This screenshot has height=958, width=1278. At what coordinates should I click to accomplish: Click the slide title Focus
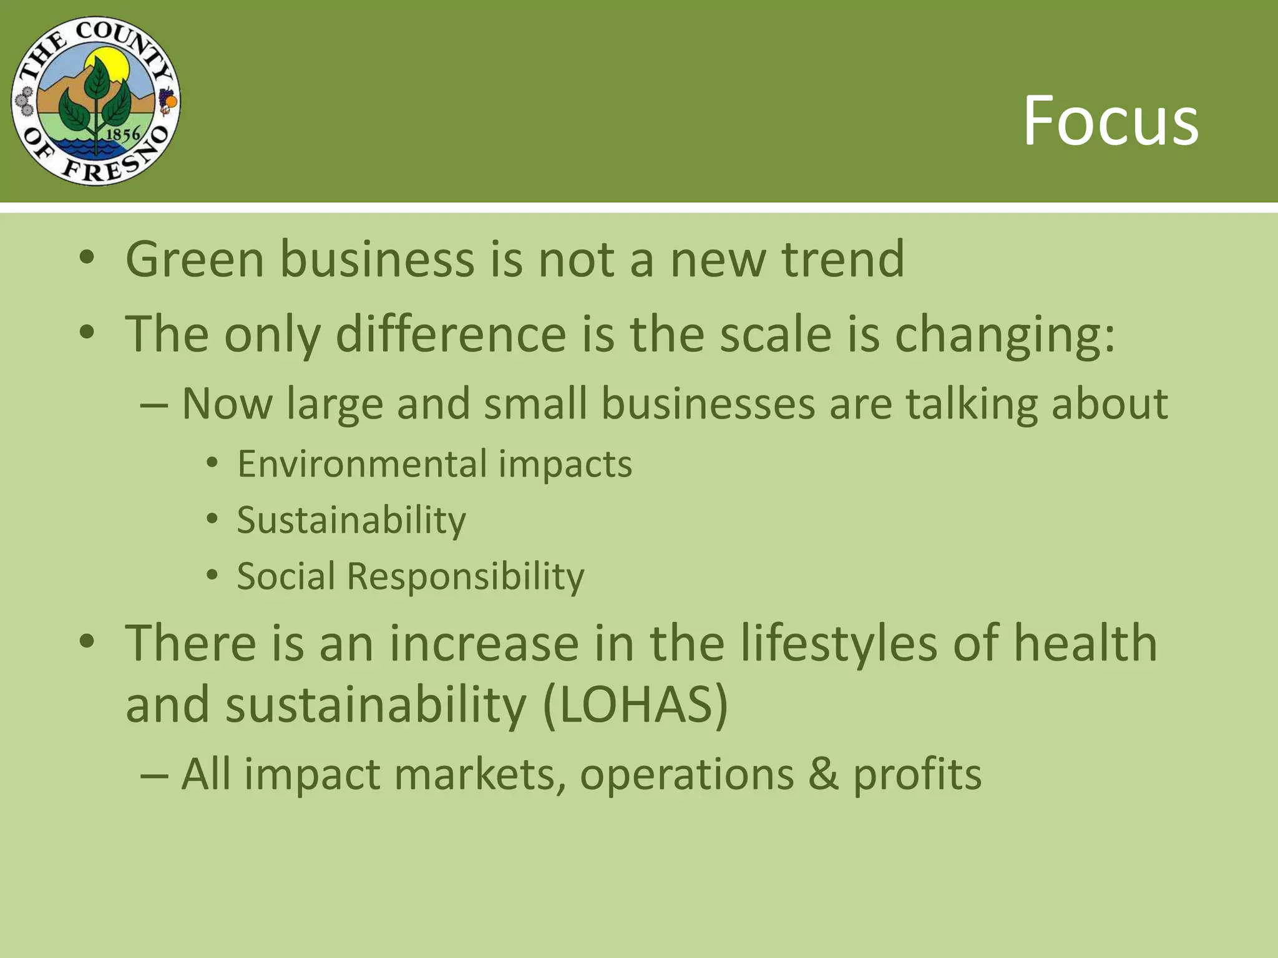click(1111, 120)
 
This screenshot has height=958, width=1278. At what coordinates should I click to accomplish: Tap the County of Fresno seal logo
click(95, 101)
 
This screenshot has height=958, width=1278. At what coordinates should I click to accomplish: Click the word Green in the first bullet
click(195, 259)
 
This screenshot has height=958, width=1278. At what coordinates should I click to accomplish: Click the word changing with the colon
click(1004, 335)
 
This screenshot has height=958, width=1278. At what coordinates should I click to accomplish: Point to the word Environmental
click(361, 464)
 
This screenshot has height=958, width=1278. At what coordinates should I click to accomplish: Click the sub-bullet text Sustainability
click(351, 520)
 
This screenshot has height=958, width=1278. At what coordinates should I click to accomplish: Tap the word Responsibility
click(465, 576)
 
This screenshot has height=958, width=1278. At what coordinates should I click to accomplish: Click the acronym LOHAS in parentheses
click(635, 705)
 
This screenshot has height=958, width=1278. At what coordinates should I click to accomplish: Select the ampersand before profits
click(823, 774)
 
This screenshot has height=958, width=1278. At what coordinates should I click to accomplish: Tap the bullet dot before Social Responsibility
click(212, 575)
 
